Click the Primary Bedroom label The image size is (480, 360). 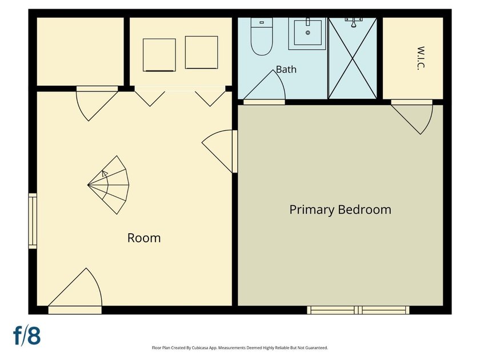coord(340,210)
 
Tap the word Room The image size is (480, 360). coord(144,238)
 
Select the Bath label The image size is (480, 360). coord(286,69)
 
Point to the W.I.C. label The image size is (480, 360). coord(421,58)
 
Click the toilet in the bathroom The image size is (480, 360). coord(262,36)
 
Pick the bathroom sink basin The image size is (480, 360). coord(307,33)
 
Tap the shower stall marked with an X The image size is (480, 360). coord(353,58)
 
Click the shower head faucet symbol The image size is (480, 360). coord(354,22)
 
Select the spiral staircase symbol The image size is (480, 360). coord(109,185)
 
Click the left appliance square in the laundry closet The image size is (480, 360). coord(159,55)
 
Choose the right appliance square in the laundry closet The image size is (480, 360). coord(201,53)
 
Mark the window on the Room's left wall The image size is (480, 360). coord(33,221)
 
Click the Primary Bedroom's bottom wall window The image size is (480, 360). coord(358,310)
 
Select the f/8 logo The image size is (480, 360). coord(27,336)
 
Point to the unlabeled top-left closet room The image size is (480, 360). coord(80,52)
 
